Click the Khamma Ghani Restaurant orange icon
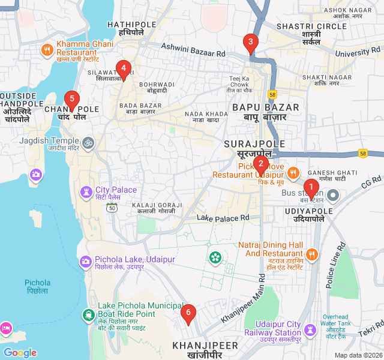tap(47, 50)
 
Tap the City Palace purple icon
tap(86, 193)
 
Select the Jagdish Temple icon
tap(88, 143)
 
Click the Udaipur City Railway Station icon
tap(310, 330)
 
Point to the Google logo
tap(20, 353)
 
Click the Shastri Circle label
tap(311, 26)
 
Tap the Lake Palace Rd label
tap(223, 217)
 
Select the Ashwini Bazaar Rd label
tap(193, 50)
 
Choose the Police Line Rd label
tap(335, 264)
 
